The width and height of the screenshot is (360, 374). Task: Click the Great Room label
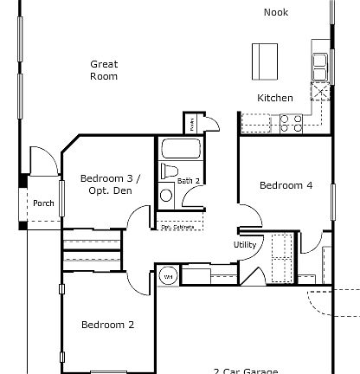[104, 70]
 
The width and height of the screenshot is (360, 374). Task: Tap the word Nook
[276, 12]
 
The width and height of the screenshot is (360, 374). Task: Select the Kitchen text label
[275, 98]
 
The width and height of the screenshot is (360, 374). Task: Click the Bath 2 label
[189, 181]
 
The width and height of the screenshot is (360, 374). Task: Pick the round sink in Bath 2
[166, 195]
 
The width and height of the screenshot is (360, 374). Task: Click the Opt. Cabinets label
[178, 228]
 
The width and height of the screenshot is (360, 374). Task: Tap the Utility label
[245, 244]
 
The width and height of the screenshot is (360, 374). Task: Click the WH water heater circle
[168, 277]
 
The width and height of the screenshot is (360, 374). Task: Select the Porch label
[43, 204]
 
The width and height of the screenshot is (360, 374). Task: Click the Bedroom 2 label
[107, 325]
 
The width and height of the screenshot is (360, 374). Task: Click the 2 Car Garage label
[245, 371]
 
